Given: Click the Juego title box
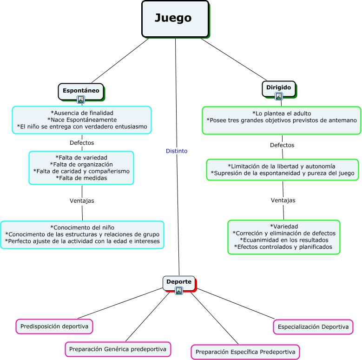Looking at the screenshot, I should (x=175, y=19).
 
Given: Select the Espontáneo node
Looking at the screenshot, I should (x=81, y=90).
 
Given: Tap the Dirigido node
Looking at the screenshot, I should (x=278, y=87).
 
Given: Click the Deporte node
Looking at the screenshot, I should (x=178, y=282).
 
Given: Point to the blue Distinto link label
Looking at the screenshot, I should (x=177, y=151).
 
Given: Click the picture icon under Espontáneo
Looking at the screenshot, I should (x=81, y=100).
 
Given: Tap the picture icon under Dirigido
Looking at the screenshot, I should (x=279, y=96).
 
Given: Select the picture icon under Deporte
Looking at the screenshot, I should (x=179, y=291).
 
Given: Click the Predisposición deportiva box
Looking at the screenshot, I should (x=54, y=327).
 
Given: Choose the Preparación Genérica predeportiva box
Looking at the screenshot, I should (x=118, y=349).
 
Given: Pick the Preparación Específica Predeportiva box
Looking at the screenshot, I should (x=245, y=352).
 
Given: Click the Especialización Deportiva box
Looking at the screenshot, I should (x=313, y=327).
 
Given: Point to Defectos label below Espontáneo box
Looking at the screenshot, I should (x=82, y=143).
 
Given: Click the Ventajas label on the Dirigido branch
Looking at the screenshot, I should (x=283, y=200).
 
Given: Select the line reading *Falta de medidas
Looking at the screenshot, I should (x=81, y=178).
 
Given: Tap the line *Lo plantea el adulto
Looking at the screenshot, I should (x=282, y=113).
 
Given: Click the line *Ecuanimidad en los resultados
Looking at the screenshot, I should (x=283, y=240).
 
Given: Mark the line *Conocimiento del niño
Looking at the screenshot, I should (x=82, y=227).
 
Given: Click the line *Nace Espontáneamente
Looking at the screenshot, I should (x=82, y=120).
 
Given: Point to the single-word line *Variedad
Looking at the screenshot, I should (x=284, y=227).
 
